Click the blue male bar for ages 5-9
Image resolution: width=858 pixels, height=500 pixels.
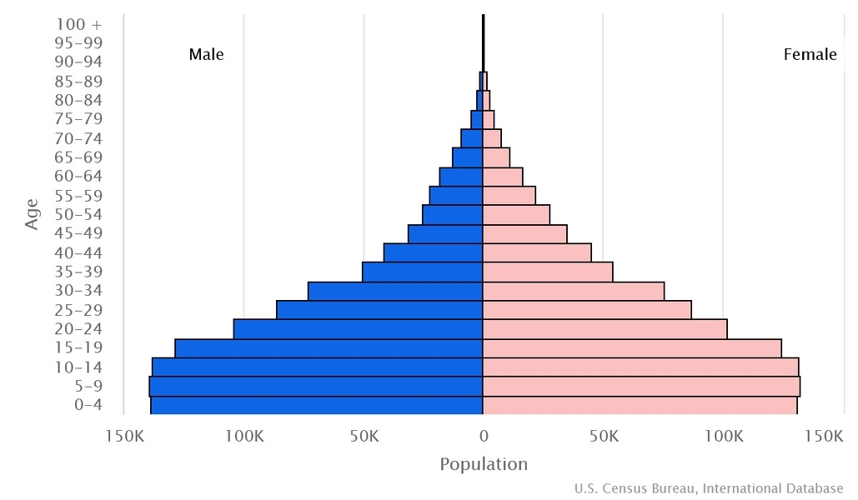tap(316, 387)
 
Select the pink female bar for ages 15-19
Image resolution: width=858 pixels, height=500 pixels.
tap(632, 348)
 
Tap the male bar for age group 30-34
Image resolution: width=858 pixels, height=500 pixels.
tap(395, 291)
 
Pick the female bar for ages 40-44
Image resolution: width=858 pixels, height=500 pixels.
tap(537, 252)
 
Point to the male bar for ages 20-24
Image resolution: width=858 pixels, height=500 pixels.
tap(359, 329)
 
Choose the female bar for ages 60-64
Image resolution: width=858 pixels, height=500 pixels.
tap(503, 177)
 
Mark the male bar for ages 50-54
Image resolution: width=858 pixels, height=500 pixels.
tap(453, 215)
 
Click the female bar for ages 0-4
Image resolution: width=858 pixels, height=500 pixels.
tap(640, 406)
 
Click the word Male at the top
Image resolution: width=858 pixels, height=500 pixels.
tap(206, 55)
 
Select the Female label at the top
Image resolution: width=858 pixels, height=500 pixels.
tap(810, 55)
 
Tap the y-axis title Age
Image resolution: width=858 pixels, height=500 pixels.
tap(33, 214)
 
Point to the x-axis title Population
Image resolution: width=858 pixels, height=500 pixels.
tap(484, 464)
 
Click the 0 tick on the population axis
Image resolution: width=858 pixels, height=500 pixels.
tap(484, 436)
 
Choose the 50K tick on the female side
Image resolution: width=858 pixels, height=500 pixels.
tap(603, 436)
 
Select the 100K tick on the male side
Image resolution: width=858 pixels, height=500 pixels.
tap(243, 436)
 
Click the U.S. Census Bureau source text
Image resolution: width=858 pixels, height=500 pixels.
tap(709, 488)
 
